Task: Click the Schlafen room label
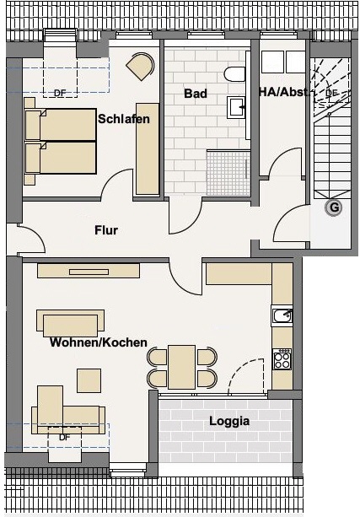point(124,119)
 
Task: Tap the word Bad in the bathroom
point(196,94)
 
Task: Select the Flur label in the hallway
point(106,229)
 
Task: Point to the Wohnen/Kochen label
point(99,342)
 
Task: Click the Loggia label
point(229,421)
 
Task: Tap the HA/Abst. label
point(284,92)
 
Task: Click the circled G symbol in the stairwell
point(334,207)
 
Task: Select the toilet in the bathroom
point(235,74)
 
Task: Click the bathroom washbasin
point(236,107)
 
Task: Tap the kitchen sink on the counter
point(282,316)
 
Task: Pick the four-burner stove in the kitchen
point(282,359)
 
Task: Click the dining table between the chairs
point(181,367)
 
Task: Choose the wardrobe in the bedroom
point(148,149)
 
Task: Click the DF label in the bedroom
point(60,94)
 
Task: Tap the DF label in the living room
point(65,438)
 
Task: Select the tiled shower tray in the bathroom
point(228,172)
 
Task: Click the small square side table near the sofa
point(89,380)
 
